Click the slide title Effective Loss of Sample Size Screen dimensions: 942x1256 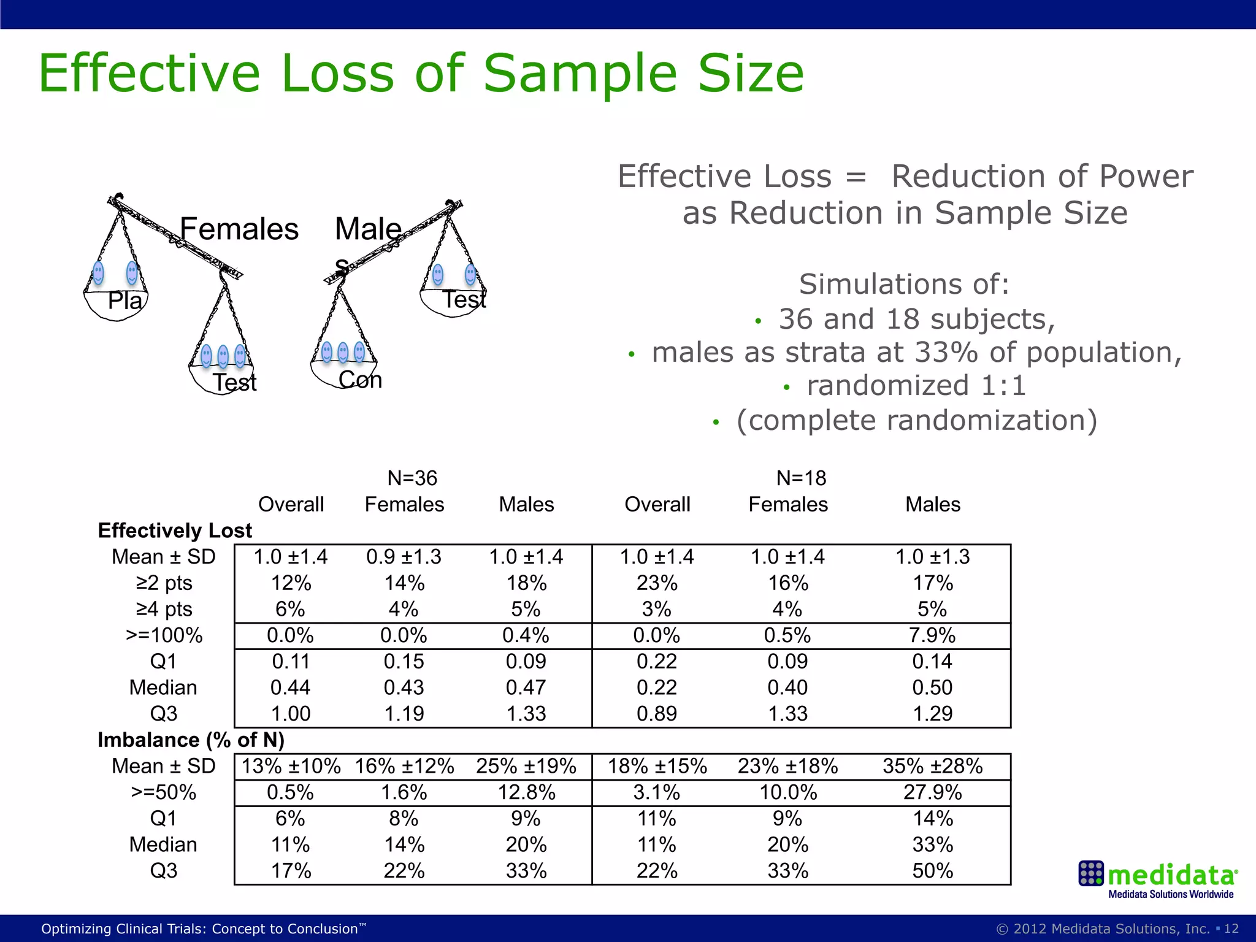421,74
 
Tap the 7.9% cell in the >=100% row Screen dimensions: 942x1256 932,635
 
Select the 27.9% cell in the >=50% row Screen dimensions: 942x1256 932,792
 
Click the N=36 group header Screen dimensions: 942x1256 412,478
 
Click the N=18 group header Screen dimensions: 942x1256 801,478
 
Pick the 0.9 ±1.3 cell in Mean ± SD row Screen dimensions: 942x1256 404,557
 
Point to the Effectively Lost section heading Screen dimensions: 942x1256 175,530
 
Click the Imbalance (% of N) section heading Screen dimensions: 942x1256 191,740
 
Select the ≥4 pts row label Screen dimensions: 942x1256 164,609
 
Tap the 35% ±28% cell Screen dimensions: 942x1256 932,767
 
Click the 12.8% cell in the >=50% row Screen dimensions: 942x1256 526,792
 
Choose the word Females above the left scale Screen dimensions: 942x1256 239,229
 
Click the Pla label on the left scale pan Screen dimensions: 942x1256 124,301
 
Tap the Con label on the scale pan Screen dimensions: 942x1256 360,380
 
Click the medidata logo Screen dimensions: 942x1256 1158,878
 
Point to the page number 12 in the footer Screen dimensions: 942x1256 1231,929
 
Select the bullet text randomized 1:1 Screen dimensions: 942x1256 916,386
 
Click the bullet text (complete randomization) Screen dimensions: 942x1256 916,421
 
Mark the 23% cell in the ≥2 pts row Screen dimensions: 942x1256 657,583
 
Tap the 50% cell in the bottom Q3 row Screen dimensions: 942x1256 932,871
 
